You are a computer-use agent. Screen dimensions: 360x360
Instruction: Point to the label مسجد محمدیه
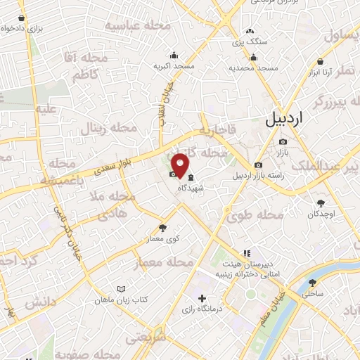[254, 68]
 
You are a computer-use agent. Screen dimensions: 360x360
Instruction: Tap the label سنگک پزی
[251, 41]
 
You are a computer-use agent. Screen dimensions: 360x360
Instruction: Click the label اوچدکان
[323, 213]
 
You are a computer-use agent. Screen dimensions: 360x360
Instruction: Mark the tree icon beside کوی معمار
[164, 228]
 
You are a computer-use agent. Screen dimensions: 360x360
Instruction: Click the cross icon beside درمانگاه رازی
[202, 298]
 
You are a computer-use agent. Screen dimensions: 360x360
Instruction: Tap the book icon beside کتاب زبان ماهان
[122, 289]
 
